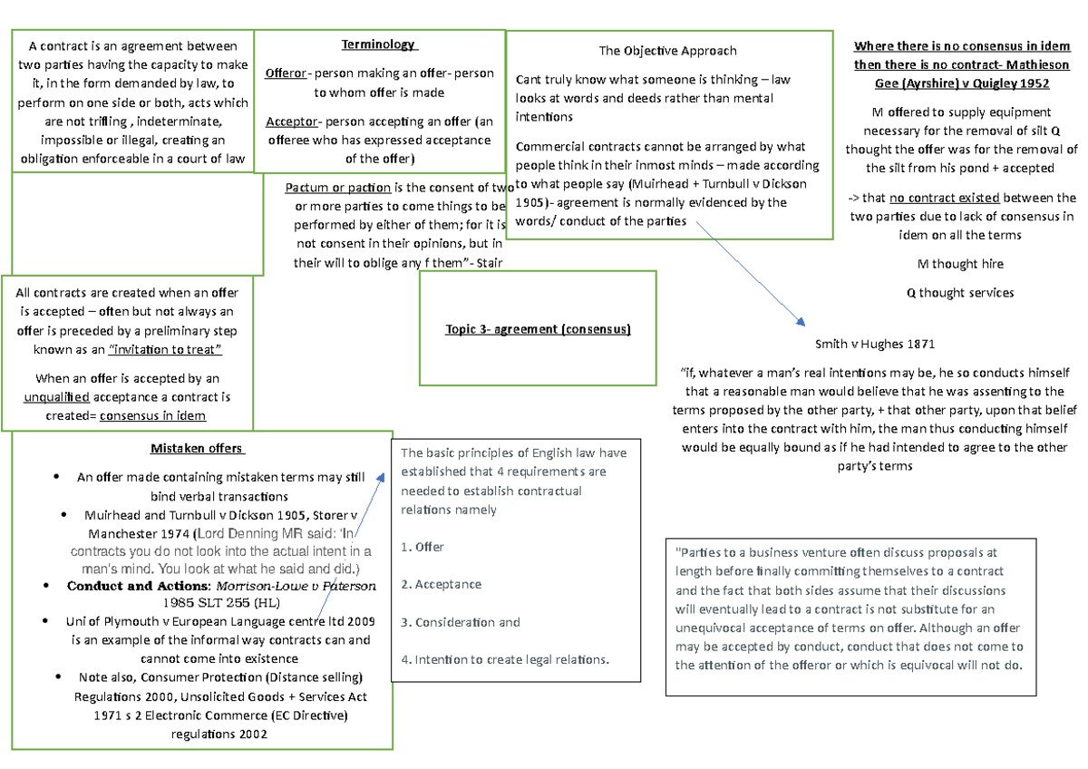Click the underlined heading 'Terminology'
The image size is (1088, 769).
(377, 44)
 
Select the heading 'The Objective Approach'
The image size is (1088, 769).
(667, 51)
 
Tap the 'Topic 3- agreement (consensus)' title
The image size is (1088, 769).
(538, 329)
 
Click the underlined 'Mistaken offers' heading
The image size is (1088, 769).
(196, 448)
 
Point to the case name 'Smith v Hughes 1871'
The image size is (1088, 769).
(874, 345)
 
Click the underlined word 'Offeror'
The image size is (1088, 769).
(287, 73)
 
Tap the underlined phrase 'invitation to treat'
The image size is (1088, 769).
(165, 349)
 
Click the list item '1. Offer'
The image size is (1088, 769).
(423, 547)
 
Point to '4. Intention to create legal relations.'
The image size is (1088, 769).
(505, 659)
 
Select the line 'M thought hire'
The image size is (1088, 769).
(960, 264)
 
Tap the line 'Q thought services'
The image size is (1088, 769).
(960, 293)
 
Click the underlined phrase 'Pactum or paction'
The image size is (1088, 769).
(337, 188)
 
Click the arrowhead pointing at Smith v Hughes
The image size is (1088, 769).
(800, 322)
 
